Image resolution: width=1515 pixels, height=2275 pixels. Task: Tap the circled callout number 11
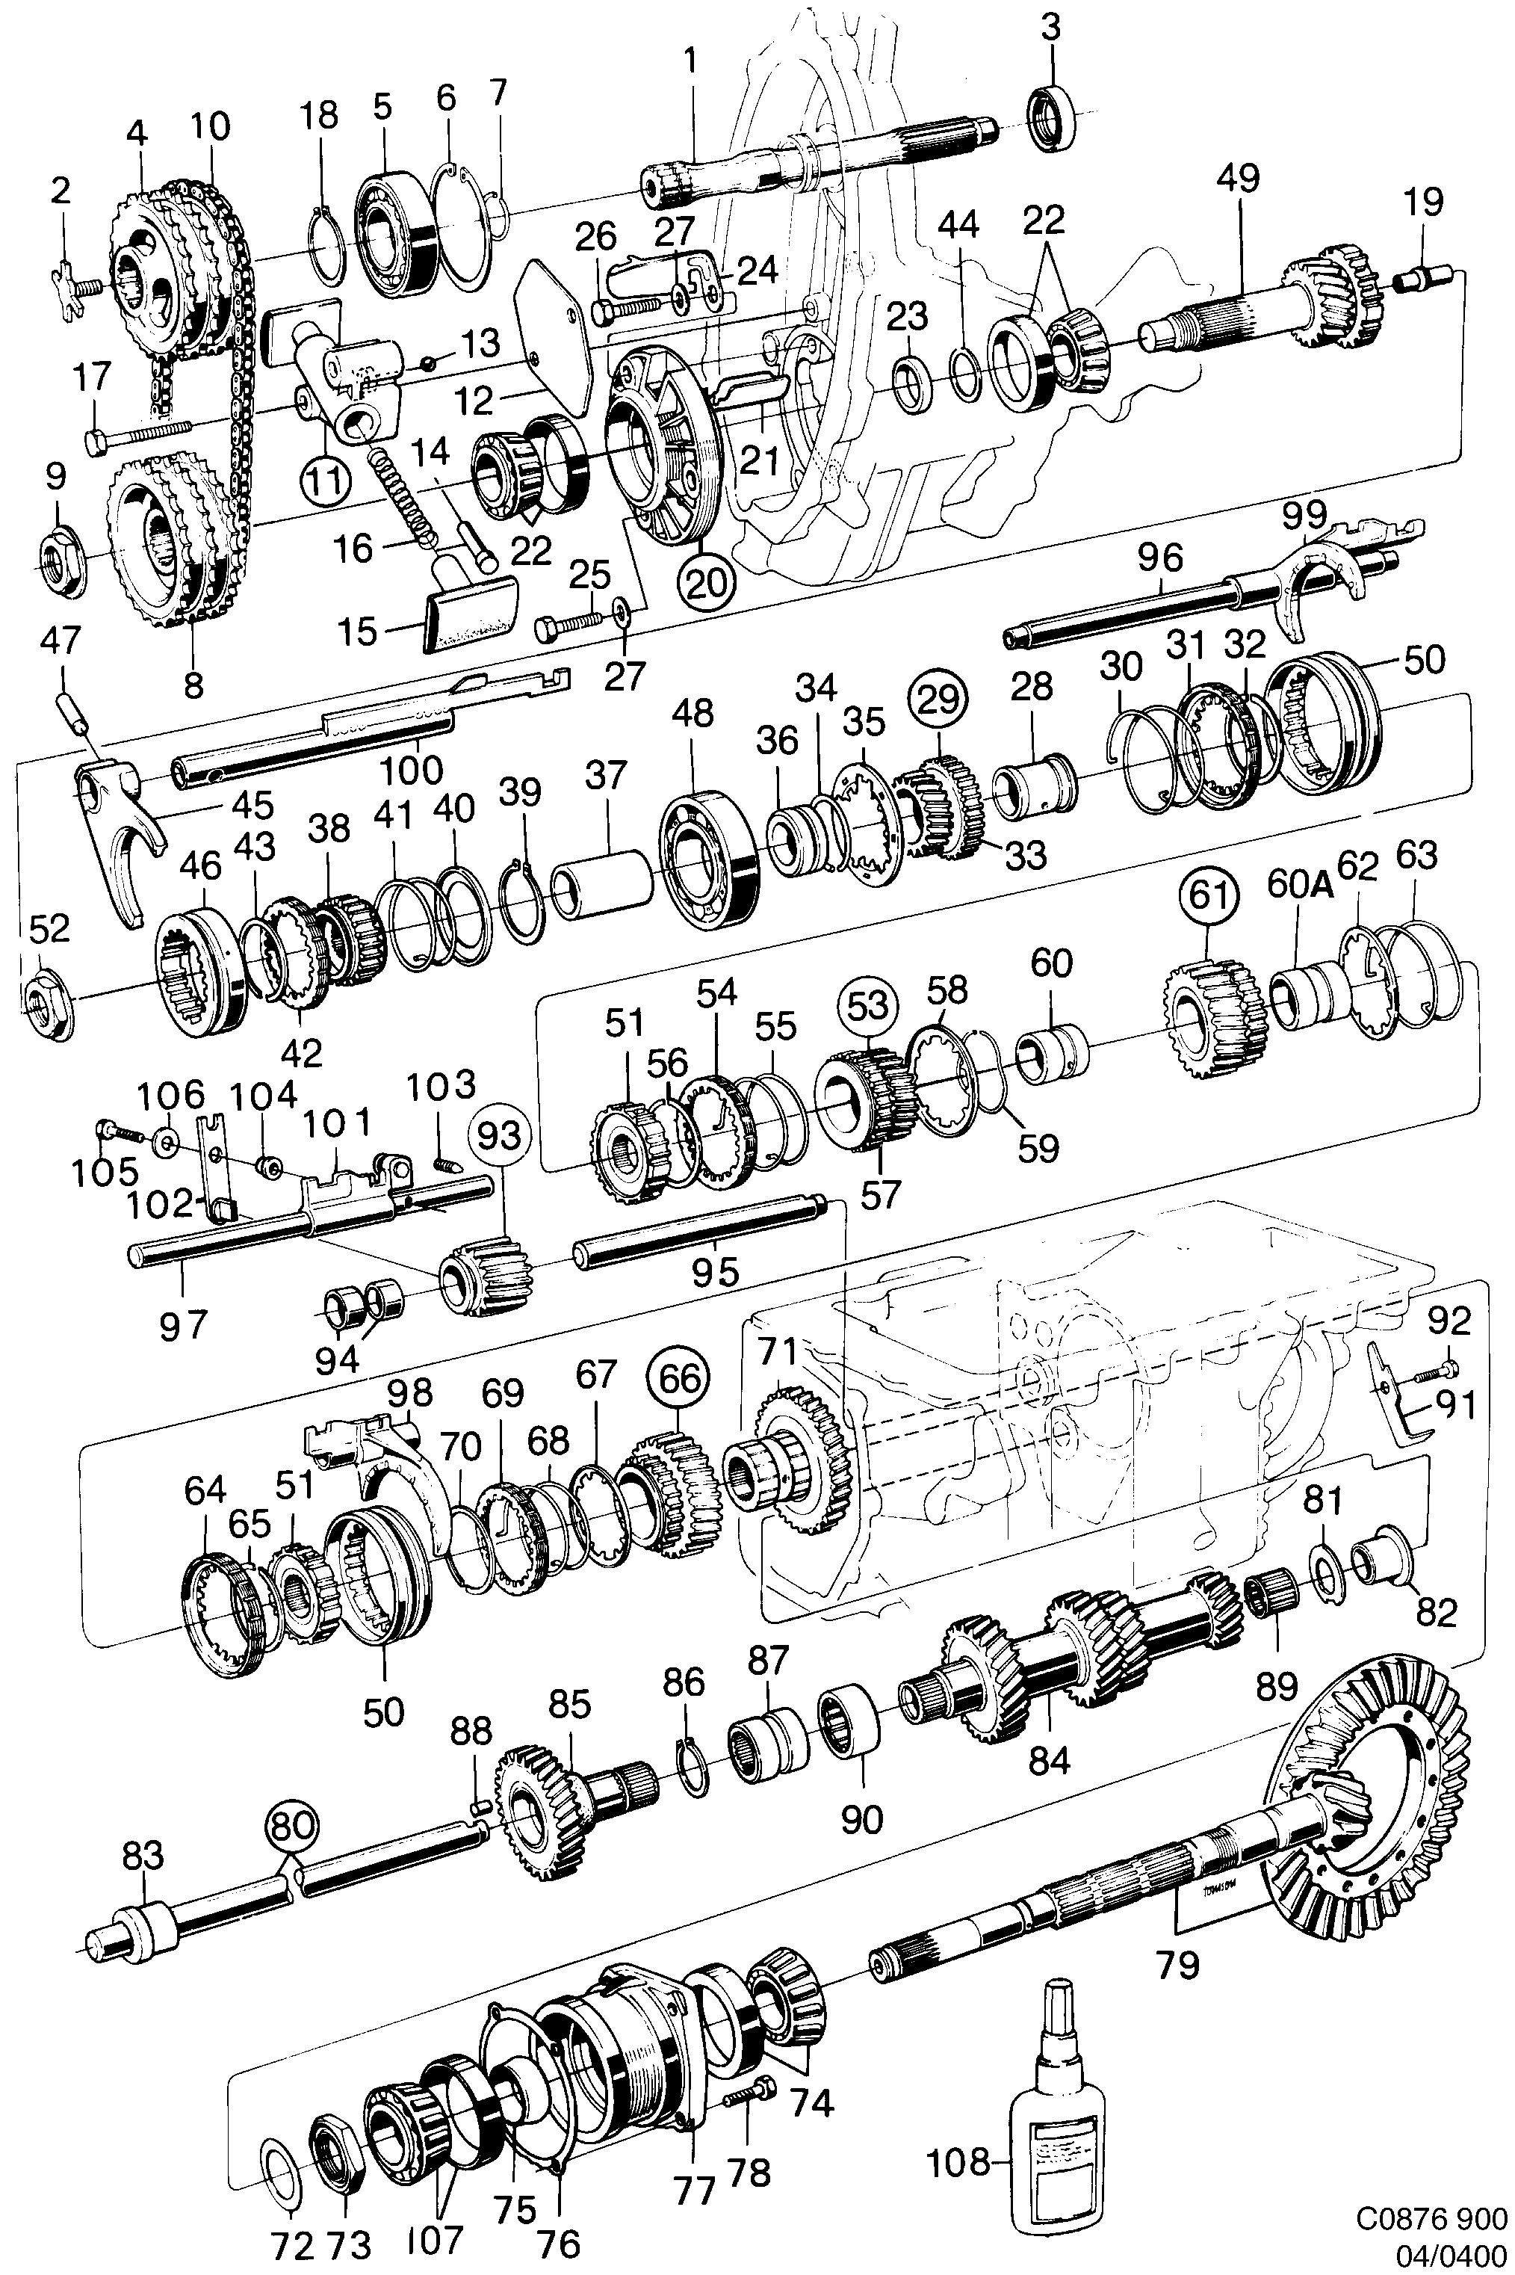(326, 479)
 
